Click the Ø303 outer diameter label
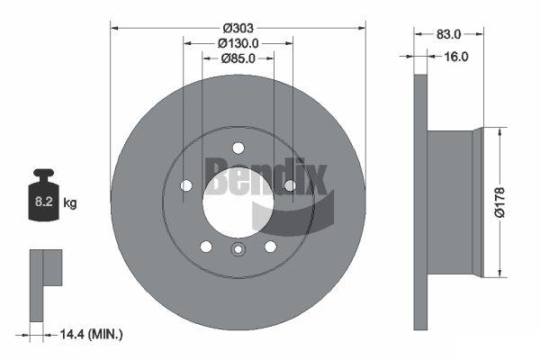[x=238, y=28]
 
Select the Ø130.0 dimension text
[x=238, y=43]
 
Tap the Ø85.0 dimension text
[x=238, y=58]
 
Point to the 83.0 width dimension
[x=448, y=34]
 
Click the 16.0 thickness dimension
[x=456, y=57]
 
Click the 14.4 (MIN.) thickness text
[x=91, y=334]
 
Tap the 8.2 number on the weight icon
[x=43, y=202]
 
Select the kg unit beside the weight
[x=70, y=202]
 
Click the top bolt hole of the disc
[x=238, y=148]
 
